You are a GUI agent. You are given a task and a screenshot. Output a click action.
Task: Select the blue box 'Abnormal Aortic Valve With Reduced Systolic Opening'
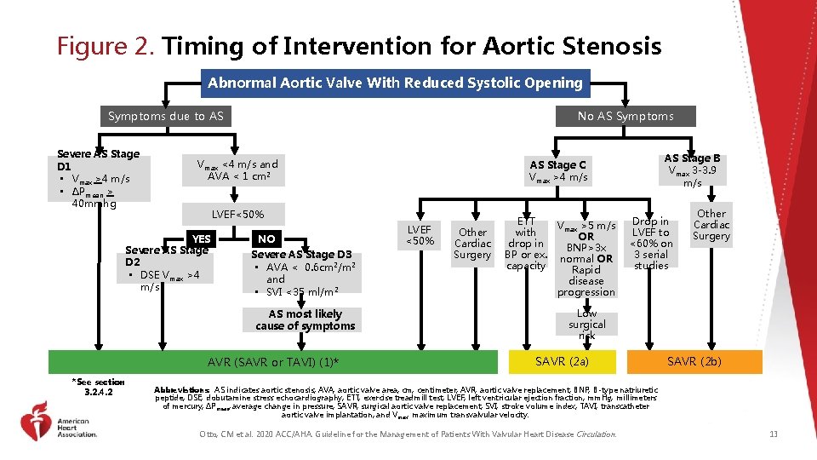pos(395,83)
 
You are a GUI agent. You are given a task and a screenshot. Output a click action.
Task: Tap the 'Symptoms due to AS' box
pos(166,116)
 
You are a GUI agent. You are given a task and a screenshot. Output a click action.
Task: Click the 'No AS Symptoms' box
pos(625,116)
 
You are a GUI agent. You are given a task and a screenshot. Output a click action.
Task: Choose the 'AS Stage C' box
pos(557,170)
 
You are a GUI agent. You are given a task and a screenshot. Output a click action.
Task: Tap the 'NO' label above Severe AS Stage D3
pos(267,239)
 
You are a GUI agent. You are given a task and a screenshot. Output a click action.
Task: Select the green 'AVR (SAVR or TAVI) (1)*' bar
pos(273,363)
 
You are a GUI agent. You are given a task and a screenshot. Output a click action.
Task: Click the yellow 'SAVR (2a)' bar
pos(561,361)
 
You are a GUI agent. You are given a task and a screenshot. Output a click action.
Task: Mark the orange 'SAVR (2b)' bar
pos(694,361)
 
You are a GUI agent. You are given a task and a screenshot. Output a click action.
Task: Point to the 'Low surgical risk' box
pos(586,325)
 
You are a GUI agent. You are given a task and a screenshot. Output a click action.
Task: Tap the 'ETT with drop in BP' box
pos(525,243)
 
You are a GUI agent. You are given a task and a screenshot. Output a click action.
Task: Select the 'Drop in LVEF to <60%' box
pos(652,244)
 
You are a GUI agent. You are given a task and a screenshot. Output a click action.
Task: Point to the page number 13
pos(773,434)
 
